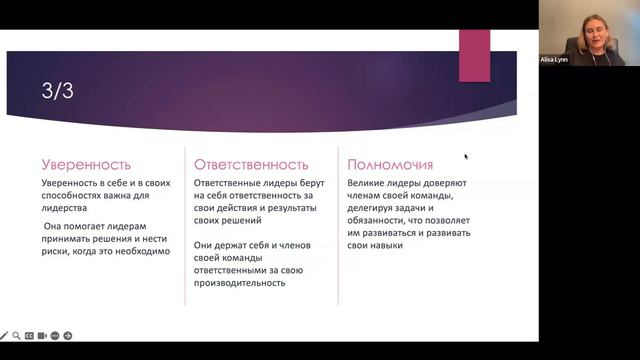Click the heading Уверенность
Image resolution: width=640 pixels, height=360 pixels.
tap(86, 164)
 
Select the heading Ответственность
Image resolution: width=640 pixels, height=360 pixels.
tap(251, 164)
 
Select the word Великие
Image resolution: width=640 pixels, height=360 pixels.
tap(368, 185)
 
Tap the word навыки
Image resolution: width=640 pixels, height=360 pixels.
tap(384, 245)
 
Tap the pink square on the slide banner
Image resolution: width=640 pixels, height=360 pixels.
tap(474, 56)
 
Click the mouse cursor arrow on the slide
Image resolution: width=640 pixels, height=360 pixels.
tap(466, 156)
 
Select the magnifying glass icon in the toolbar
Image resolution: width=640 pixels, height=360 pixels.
tap(17, 336)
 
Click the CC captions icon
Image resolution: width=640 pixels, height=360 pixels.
tap(30, 336)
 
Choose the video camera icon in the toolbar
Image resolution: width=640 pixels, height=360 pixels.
tap(43, 336)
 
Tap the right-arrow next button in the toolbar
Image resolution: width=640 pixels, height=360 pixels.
tap(68, 336)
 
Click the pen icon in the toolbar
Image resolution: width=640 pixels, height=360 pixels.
tap(5, 336)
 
